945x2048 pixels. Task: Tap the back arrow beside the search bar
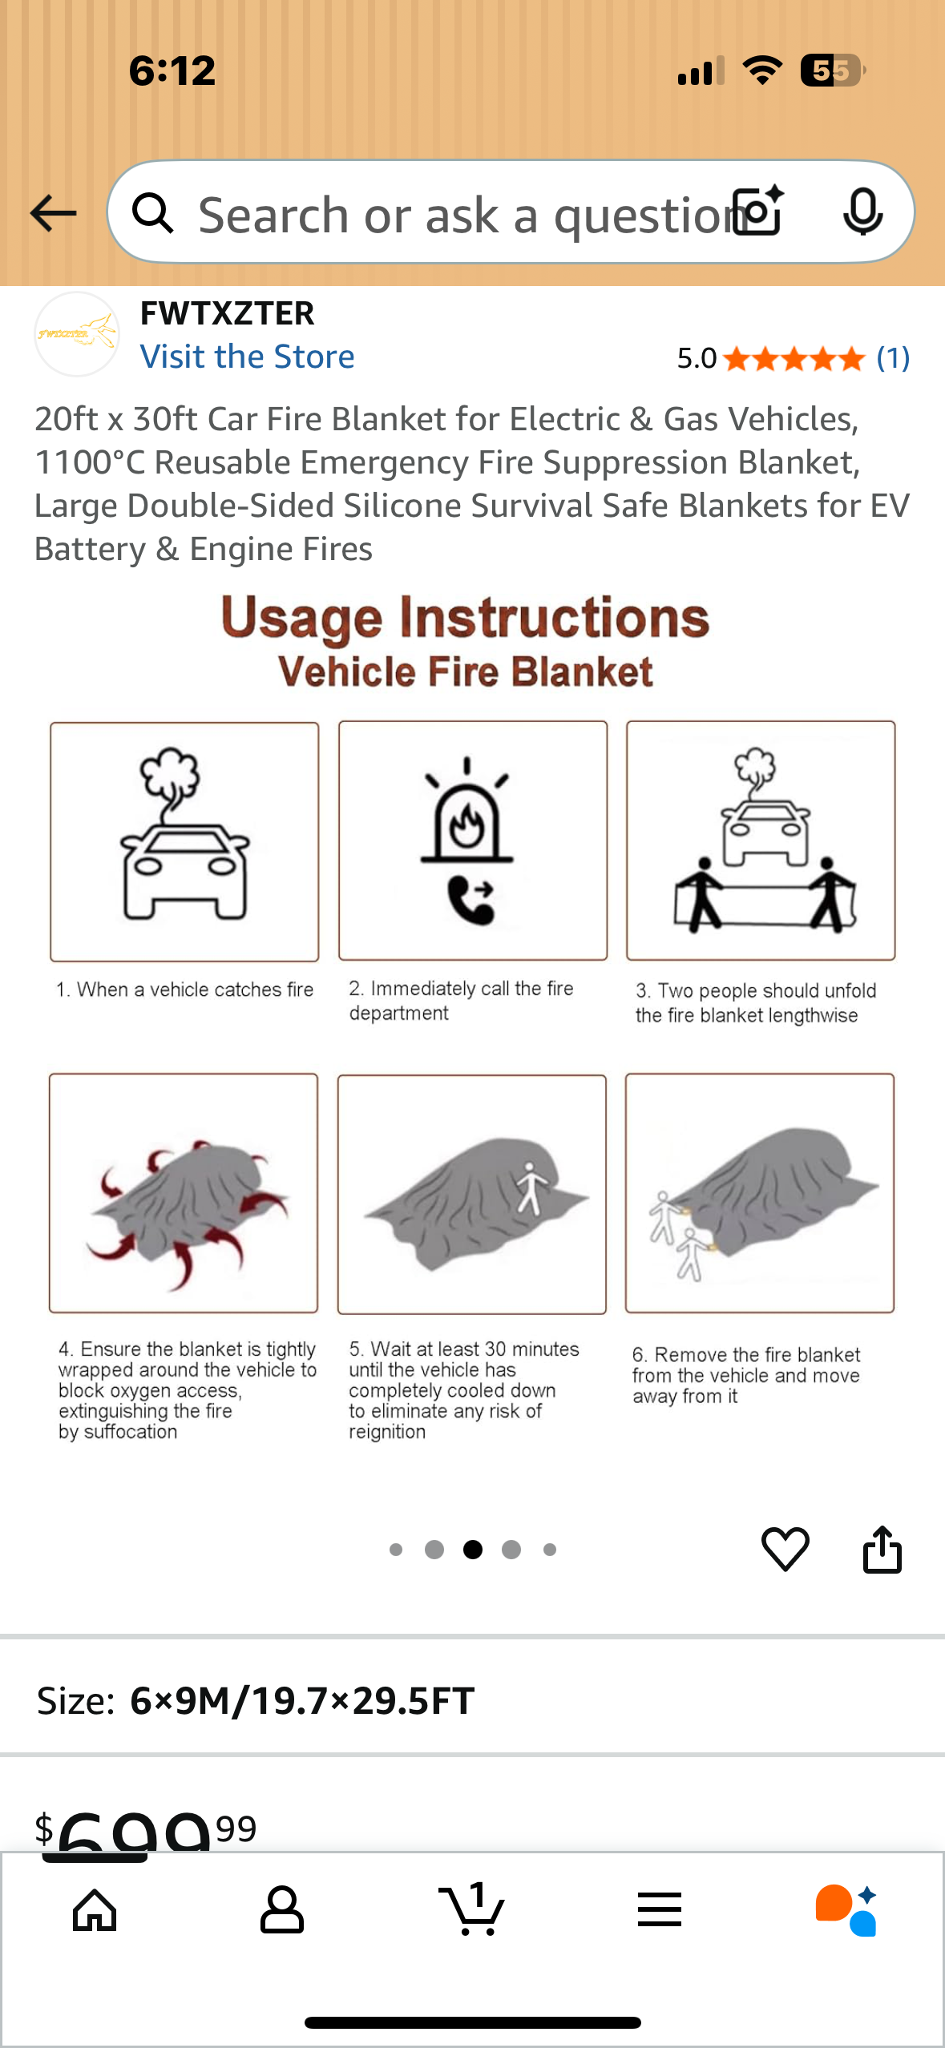(x=53, y=213)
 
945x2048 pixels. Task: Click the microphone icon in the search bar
(x=863, y=212)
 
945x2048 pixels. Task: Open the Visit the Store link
(x=247, y=357)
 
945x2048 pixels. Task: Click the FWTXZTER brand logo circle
(x=77, y=334)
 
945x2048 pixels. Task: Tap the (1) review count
(x=893, y=358)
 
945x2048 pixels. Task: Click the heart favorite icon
(x=785, y=1549)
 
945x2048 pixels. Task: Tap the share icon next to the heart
(x=882, y=1549)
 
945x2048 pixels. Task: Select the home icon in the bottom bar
(x=95, y=1910)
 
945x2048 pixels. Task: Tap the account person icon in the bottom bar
(x=282, y=1909)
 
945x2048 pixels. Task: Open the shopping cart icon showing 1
(x=471, y=1909)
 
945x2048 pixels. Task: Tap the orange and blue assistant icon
(x=846, y=1910)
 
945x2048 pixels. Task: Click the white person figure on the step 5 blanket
(x=530, y=1188)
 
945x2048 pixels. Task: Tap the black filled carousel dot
(x=473, y=1550)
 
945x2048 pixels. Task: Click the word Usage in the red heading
(x=301, y=619)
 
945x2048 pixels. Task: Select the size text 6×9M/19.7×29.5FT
(x=302, y=1700)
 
